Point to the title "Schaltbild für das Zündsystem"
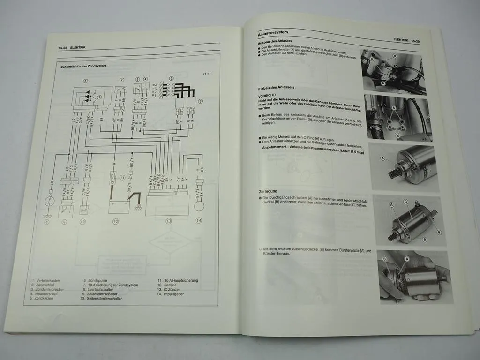pos(83,66)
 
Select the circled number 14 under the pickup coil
pos(199,220)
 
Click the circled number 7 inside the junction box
pos(99,97)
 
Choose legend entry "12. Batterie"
pos(167,285)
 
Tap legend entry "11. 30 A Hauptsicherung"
pos(178,280)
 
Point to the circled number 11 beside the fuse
pos(122,178)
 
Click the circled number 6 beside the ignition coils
pos(201,101)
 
